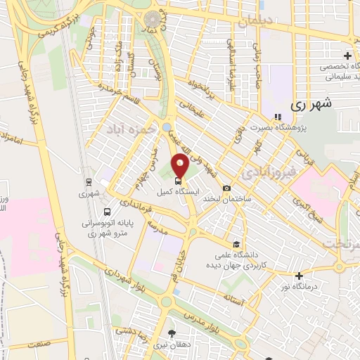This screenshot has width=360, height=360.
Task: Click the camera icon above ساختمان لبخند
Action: [x=226, y=188]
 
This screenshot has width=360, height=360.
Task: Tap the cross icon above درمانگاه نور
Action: [x=300, y=275]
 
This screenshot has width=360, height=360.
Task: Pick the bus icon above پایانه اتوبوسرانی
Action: [x=105, y=212]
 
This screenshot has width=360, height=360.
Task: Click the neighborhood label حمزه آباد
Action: [x=126, y=130]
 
